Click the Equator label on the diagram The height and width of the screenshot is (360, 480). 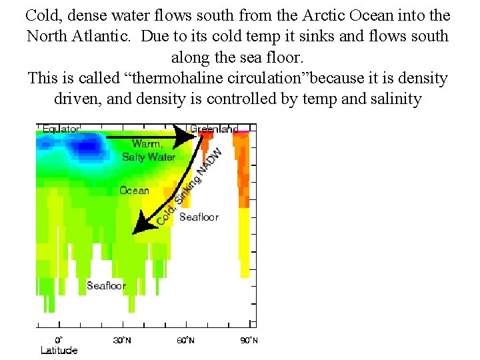click(61, 129)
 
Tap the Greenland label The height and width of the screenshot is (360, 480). click(213, 129)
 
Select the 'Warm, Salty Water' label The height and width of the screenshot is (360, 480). click(148, 151)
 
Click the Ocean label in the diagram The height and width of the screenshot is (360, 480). click(134, 191)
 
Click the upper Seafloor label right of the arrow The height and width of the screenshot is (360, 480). click(199, 217)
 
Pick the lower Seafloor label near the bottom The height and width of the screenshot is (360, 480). click(106, 286)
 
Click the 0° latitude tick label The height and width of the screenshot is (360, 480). click(59, 340)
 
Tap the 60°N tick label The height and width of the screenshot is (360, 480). click(185, 340)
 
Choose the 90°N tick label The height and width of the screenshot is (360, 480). click(248, 340)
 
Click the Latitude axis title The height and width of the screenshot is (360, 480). click(59, 350)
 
